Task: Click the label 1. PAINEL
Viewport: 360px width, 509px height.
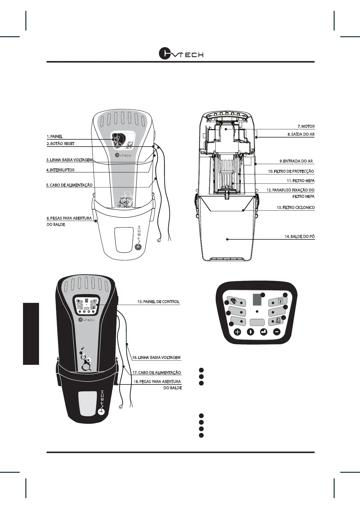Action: [x=55, y=137]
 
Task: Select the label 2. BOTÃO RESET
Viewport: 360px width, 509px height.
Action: [x=61, y=144]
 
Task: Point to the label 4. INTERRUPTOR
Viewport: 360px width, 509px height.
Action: [x=60, y=170]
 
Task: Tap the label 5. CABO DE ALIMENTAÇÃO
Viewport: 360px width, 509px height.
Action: [x=69, y=185]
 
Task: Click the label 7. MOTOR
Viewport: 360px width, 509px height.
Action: [x=306, y=126]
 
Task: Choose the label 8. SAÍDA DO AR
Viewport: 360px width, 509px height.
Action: [x=301, y=134]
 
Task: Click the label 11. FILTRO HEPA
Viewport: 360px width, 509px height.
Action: [x=300, y=181]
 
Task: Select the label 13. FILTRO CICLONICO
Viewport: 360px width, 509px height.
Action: [x=296, y=208]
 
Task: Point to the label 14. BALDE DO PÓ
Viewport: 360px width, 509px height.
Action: [x=299, y=236]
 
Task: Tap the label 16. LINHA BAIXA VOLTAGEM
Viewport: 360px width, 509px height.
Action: [x=156, y=358]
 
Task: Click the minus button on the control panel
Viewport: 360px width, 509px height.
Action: [x=277, y=332]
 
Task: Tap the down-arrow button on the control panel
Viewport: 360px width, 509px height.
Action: [x=251, y=332]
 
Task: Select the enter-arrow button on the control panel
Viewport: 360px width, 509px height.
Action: [x=264, y=332]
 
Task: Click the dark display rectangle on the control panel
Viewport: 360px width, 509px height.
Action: [x=257, y=300]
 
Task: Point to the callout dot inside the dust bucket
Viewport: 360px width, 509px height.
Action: [x=227, y=239]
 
